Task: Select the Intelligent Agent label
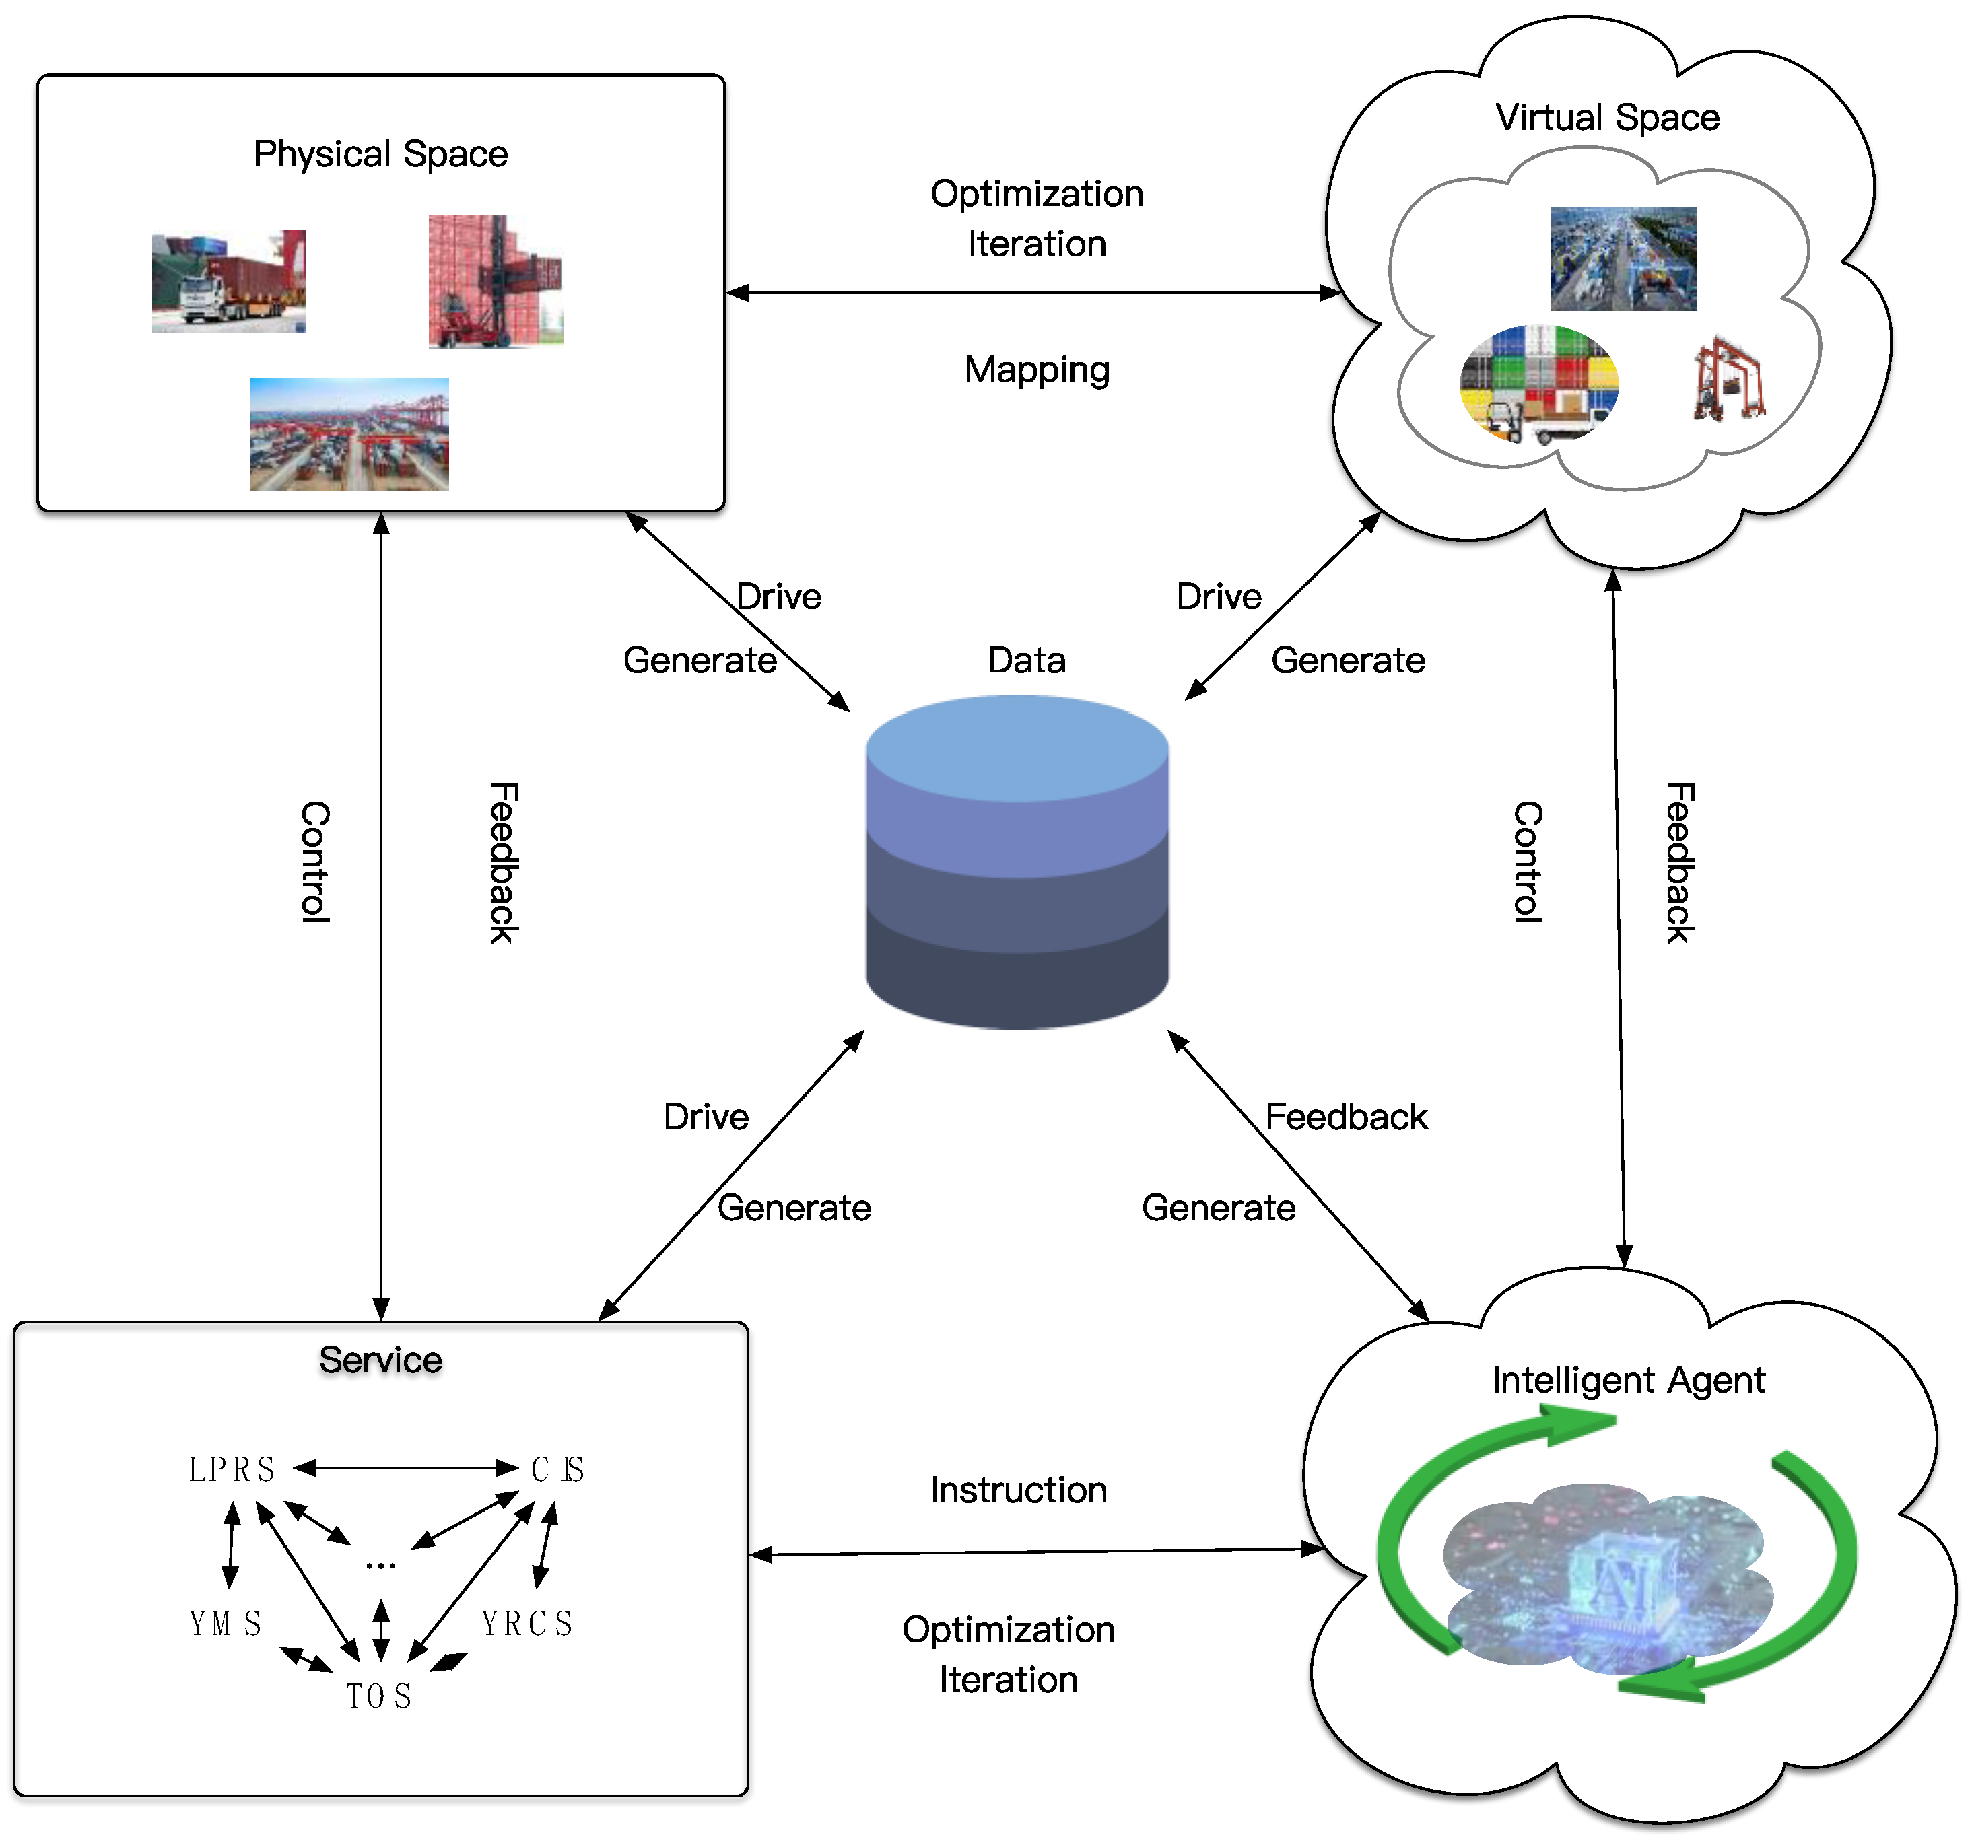[x=1628, y=1380]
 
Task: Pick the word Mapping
[x=1037, y=369]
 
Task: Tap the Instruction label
[x=1018, y=1490]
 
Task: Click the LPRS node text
[x=231, y=1469]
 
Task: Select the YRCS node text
[x=526, y=1624]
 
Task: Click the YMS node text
[x=225, y=1624]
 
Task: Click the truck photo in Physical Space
[x=228, y=282]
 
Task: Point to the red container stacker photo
[x=495, y=281]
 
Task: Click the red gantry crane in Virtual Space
[x=1729, y=380]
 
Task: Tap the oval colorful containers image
[x=1538, y=384]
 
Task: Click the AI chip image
[x=1607, y=1577]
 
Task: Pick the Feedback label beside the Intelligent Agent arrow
[x=1346, y=1117]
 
